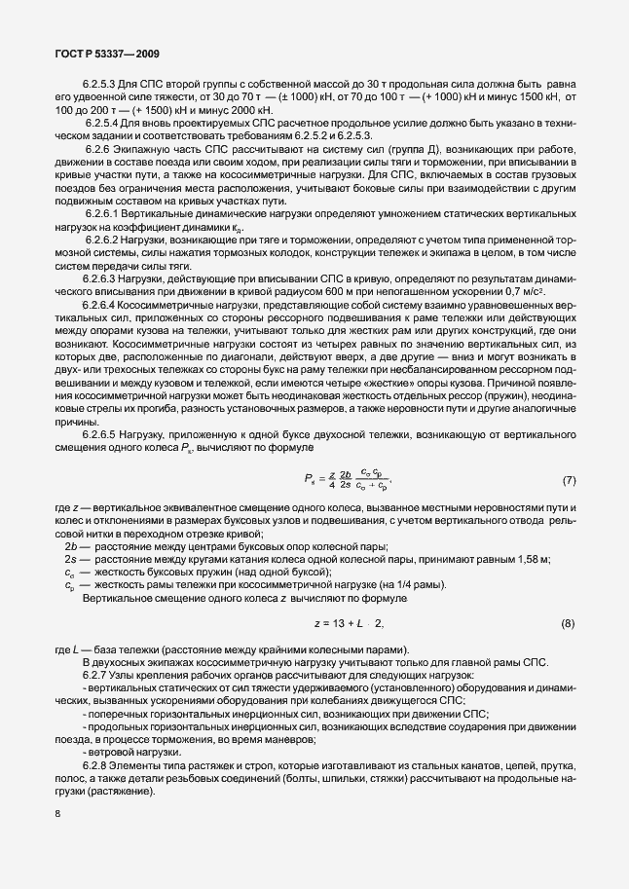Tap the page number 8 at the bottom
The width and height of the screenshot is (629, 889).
[x=58, y=815]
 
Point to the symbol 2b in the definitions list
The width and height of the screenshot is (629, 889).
[x=66, y=546]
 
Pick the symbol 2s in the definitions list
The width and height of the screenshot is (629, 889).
[x=66, y=559]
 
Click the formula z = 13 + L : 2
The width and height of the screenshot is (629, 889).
[x=349, y=623]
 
